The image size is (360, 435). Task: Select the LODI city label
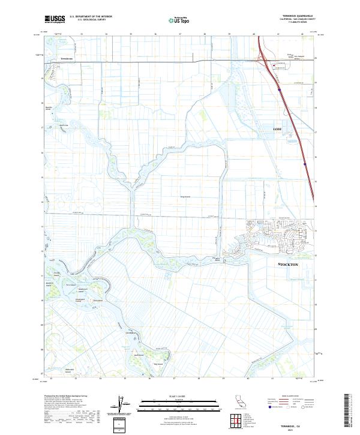tap(277, 129)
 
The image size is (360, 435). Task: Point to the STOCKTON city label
tap(289, 264)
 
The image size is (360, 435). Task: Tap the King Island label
tap(185, 196)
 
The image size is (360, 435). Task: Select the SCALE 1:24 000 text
tap(169, 396)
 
